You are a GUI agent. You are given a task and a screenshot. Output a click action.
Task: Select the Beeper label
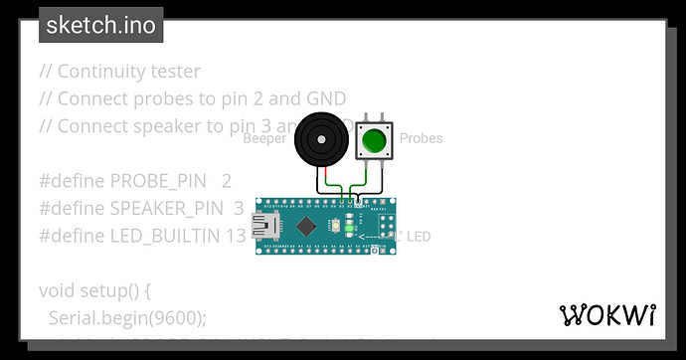[x=263, y=138]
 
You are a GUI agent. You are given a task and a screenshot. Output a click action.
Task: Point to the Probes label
[x=421, y=138]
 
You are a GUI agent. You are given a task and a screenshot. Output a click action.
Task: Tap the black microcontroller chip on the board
[x=309, y=225]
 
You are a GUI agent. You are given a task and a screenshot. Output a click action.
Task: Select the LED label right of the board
[x=420, y=237]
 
